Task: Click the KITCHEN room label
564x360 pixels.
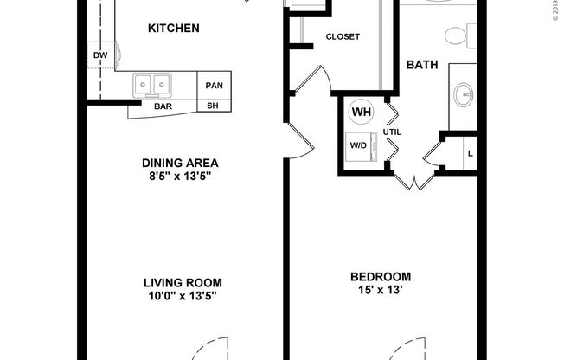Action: point(174,29)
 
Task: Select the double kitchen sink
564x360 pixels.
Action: point(152,85)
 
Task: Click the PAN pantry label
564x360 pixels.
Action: point(213,85)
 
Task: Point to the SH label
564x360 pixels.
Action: point(213,106)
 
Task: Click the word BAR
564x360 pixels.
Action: point(163,106)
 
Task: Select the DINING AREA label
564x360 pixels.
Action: point(180,162)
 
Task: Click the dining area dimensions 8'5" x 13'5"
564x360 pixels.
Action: point(180,176)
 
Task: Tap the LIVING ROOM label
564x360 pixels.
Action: point(183,282)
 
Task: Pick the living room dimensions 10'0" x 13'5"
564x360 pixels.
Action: point(183,296)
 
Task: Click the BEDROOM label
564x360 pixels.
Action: point(381,277)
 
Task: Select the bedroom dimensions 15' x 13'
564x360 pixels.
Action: point(381,291)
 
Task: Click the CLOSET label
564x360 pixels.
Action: point(343,36)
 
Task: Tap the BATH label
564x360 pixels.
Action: point(421,65)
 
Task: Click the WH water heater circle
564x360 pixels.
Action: point(360,112)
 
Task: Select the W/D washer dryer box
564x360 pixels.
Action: point(359,145)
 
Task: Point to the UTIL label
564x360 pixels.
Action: point(392,132)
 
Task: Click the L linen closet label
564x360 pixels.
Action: point(470,153)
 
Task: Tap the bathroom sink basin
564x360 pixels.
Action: point(464,93)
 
